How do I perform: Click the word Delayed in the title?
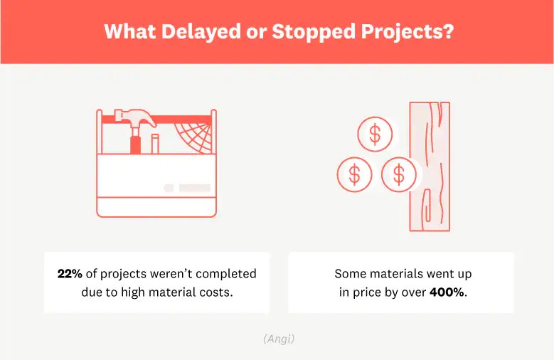coord(201,31)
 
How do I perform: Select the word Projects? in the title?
coord(407,33)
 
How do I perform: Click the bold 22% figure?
coord(70,274)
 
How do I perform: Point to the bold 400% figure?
coord(447,292)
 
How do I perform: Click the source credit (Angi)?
coord(279,339)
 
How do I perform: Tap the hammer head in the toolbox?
coord(135,119)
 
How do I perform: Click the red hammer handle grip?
coord(135,144)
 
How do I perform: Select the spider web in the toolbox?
coord(193,137)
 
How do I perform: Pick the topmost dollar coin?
coord(375,134)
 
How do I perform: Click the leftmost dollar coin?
coord(354,174)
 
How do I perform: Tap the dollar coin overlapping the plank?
coord(399,174)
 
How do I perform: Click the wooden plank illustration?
coord(430,166)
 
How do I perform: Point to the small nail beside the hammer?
coord(154,144)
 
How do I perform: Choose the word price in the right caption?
coord(366,293)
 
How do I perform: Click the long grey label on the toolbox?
coord(195,188)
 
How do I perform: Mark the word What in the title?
coord(130,31)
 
